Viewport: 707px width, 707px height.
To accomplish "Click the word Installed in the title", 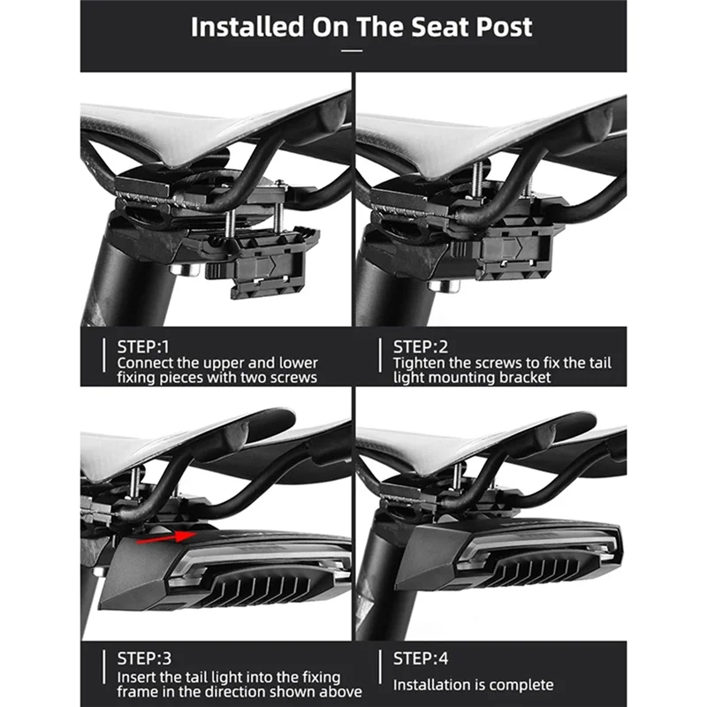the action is [x=247, y=27].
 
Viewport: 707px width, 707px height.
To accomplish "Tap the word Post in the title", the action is [x=504, y=27].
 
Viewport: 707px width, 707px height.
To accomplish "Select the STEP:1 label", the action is [x=143, y=346].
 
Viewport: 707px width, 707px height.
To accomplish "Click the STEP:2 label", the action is [x=421, y=346].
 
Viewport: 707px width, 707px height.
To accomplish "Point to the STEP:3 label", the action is [x=144, y=658].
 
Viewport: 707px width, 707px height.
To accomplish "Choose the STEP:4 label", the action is [x=421, y=658].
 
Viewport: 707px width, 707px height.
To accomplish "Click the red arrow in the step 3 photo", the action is [x=165, y=537].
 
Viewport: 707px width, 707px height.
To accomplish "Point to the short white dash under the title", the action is [x=352, y=51].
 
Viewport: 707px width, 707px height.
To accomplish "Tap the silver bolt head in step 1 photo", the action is [x=185, y=270].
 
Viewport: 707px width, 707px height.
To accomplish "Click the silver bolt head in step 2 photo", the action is [x=445, y=285].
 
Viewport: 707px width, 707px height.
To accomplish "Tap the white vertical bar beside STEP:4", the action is [x=380, y=667].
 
